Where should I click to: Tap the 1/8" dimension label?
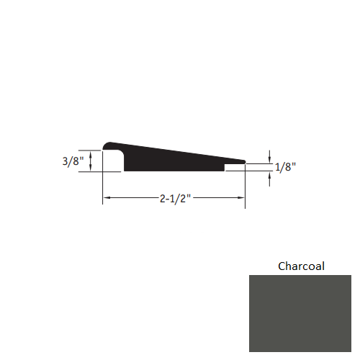point(285,167)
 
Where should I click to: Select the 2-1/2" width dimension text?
point(176,199)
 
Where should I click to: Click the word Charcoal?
point(301,266)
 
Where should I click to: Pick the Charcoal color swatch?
point(300,313)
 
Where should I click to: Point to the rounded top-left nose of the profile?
point(107,145)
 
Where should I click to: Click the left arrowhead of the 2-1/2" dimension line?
point(107,198)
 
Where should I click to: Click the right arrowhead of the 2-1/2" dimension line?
point(240,198)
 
